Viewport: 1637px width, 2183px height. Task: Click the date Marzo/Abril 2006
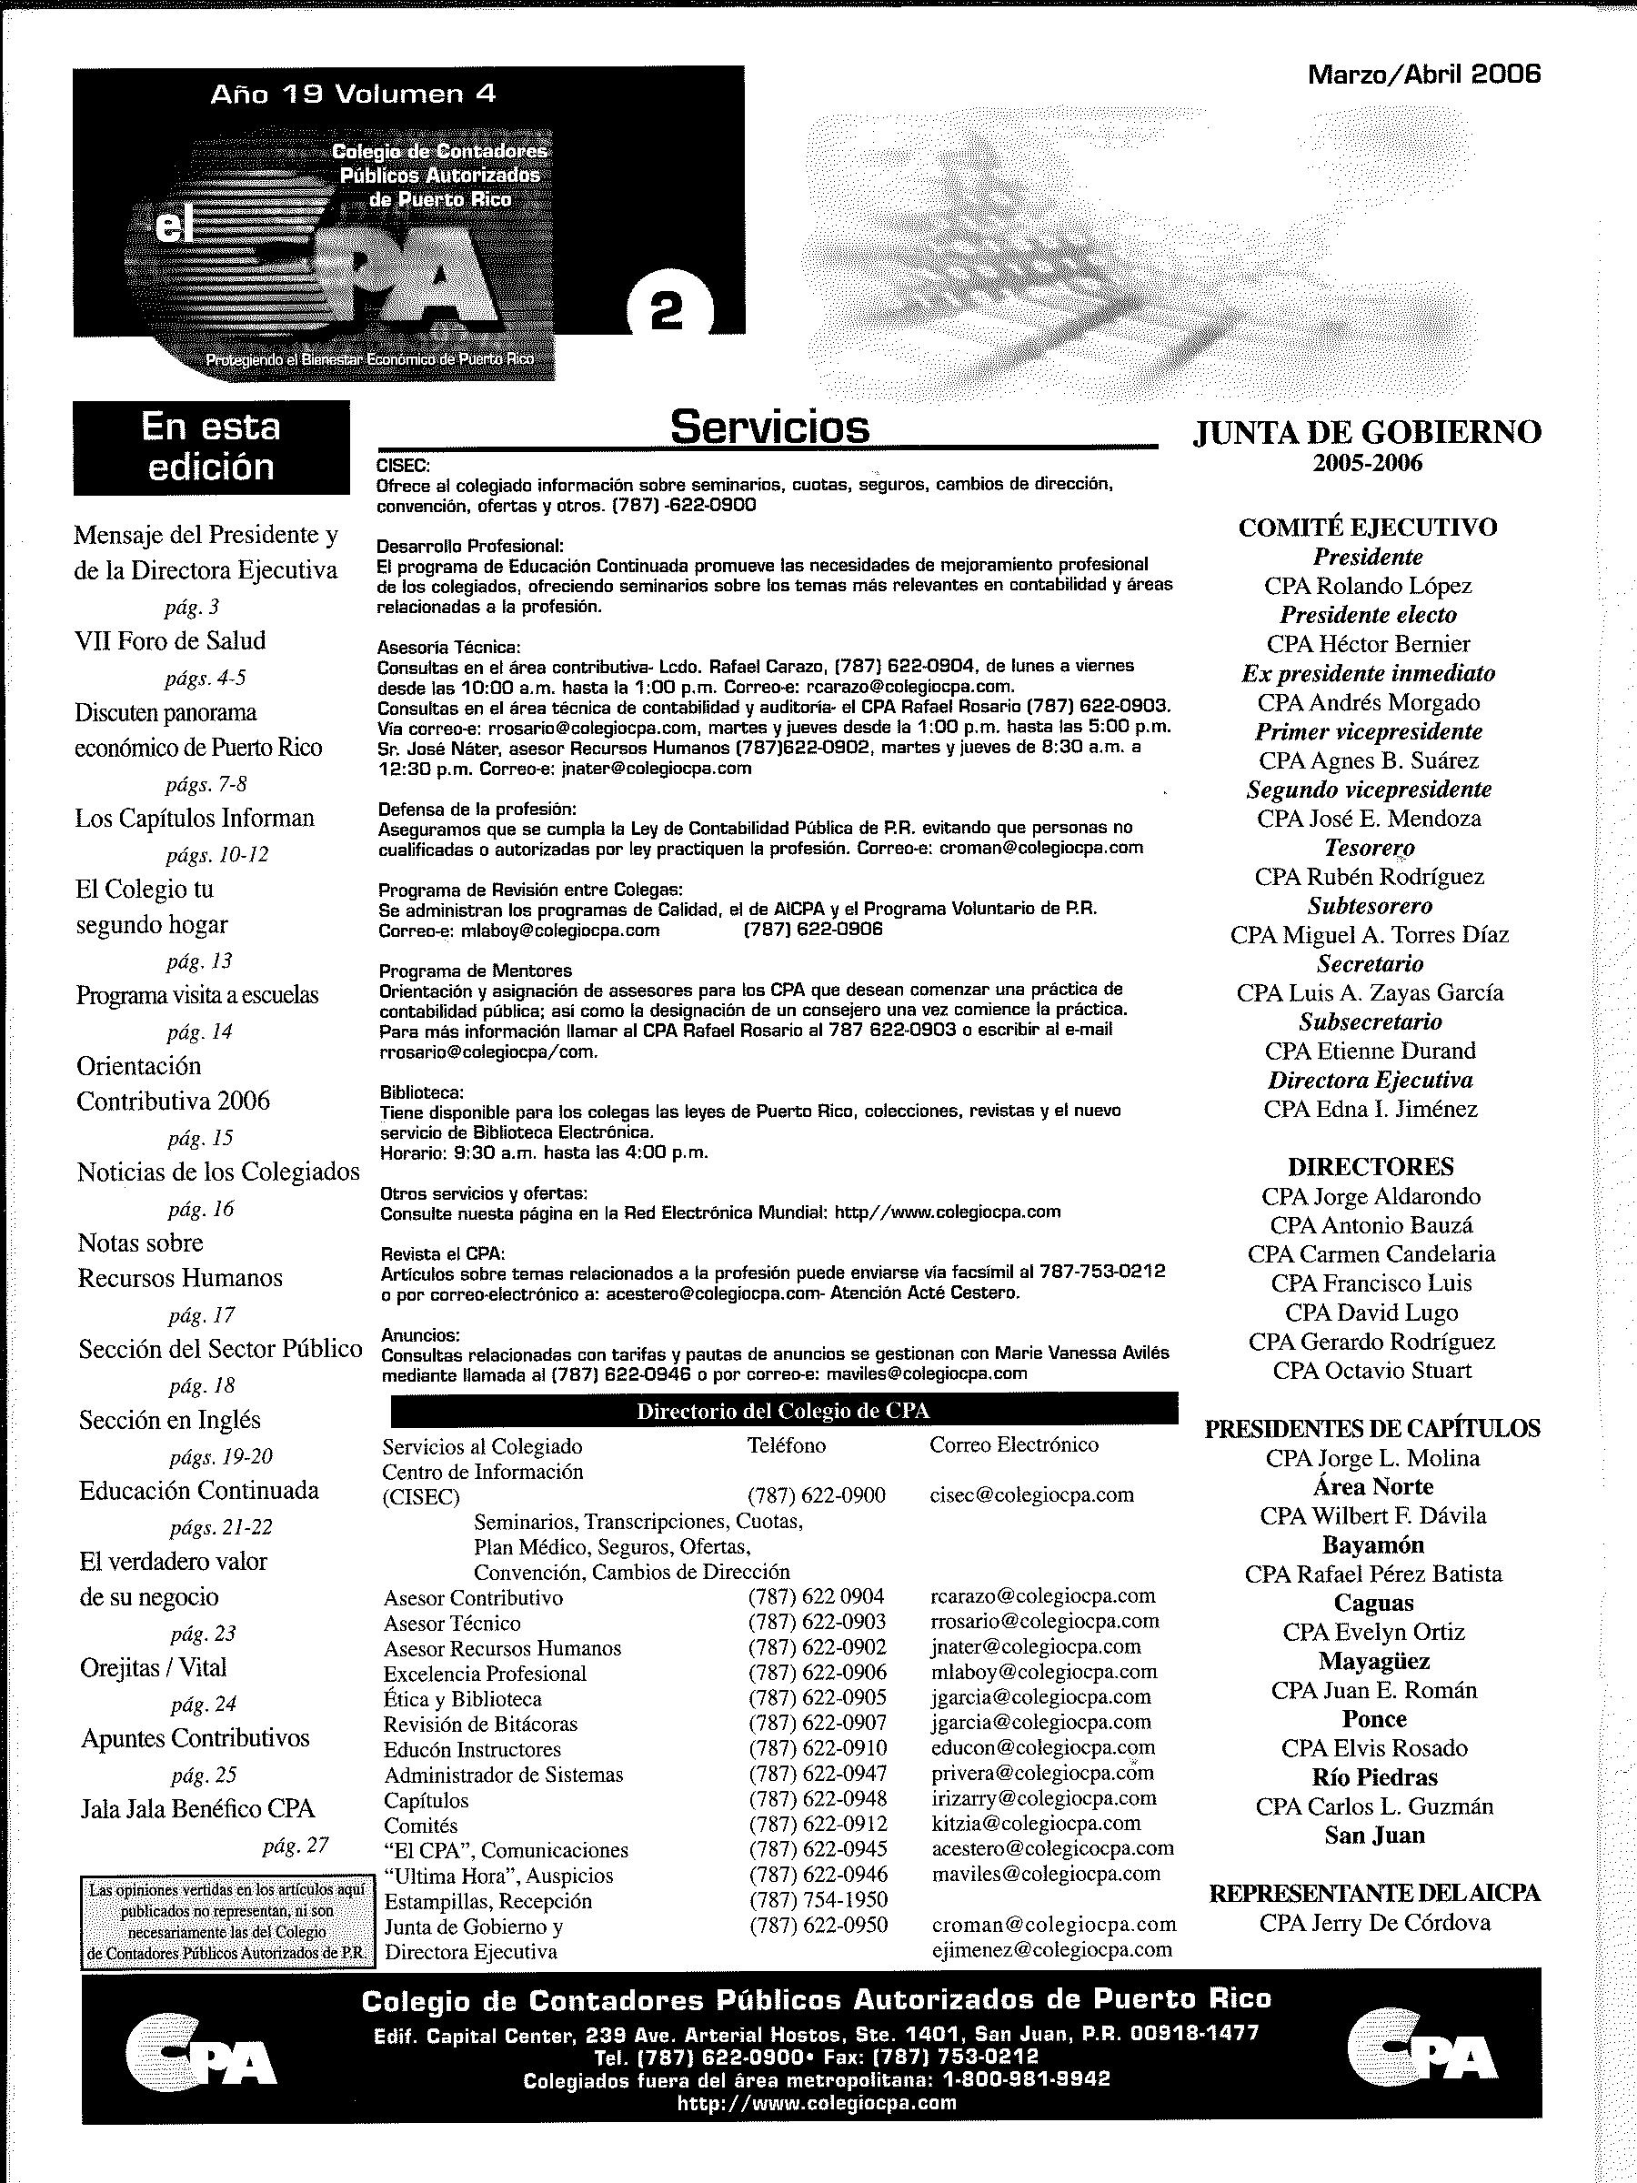[1423, 74]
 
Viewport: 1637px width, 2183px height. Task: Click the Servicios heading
[768, 428]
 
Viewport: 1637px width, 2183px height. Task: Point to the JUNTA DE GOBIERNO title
[1367, 432]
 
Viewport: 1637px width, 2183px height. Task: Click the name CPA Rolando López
[1368, 586]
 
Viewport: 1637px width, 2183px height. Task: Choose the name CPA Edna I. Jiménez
[1370, 1110]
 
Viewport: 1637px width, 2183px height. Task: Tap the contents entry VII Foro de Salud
[171, 641]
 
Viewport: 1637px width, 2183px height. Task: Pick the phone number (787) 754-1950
[818, 1900]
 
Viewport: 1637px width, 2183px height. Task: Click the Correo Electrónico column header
[1013, 1444]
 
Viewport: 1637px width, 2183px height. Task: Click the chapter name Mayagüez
[1373, 1662]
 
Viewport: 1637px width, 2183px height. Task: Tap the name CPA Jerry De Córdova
[1374, 1923]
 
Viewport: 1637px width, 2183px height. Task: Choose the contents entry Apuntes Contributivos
[195, 1738]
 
